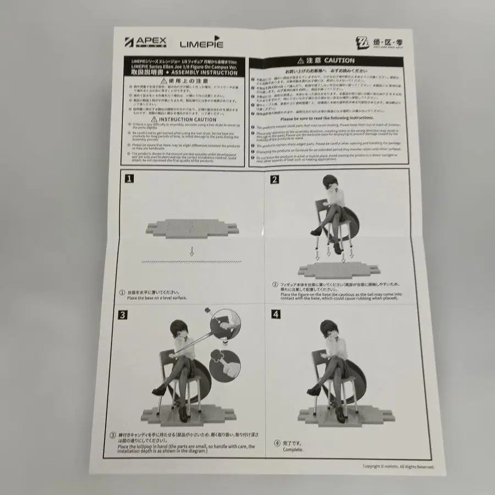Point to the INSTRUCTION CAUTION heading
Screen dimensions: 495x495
point(184,119)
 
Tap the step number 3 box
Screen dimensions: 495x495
point(125,315)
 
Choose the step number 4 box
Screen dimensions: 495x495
point(276,315)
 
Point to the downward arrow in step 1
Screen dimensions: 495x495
point(191,252)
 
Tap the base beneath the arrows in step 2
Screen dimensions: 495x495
point(338,270)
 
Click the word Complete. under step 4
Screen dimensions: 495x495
point(293,449)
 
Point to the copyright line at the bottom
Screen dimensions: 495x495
point(398,466)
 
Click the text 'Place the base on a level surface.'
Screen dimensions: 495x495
point(157,298)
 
